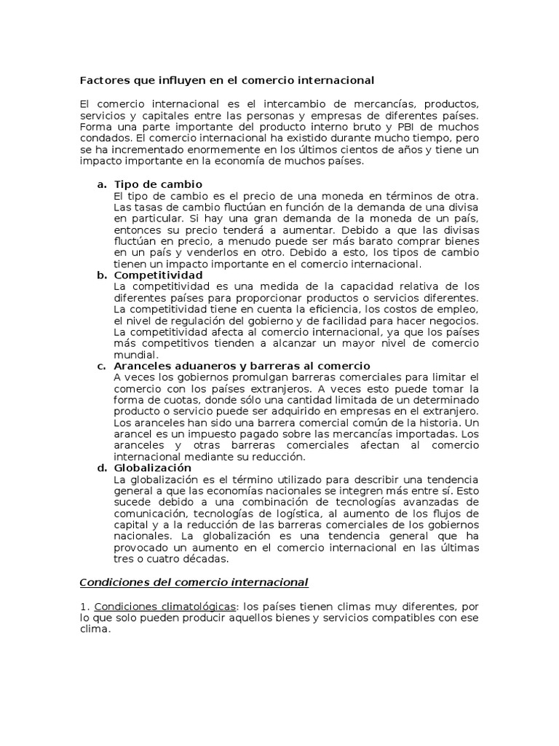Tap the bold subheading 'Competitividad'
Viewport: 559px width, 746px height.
coord(158,275)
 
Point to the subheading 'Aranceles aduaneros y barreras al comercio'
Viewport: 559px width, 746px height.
coord(242,366)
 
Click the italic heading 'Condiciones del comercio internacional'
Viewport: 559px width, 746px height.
coord(193,581)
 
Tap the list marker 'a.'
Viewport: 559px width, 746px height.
coord(102,184)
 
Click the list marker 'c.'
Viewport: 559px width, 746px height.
coord(102,366)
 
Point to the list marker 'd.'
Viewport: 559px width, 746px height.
coord(102,468)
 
